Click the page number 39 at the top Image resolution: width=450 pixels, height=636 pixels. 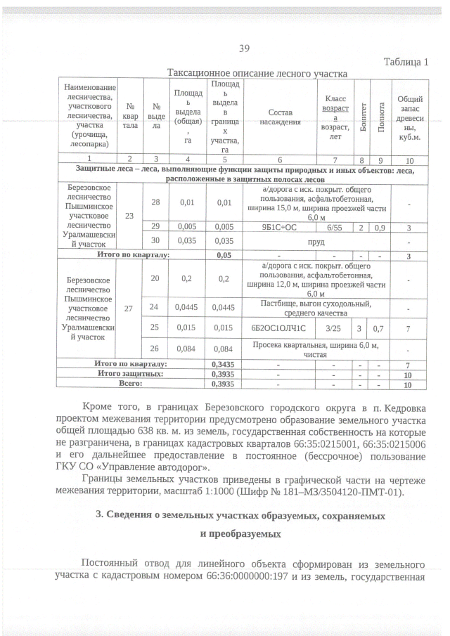pos(244,48)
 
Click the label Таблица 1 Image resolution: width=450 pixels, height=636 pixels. pos(406,63)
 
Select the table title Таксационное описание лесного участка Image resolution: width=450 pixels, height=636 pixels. pos(257,74)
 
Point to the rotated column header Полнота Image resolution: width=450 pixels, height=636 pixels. pos(381,117)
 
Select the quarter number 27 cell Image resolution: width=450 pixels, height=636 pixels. pos(129,308)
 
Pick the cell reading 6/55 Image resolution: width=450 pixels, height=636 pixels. pos(329,226)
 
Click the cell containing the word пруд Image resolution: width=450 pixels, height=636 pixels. pos(311,241)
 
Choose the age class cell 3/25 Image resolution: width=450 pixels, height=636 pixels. pos(329,328)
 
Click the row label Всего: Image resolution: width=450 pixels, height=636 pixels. pos(131,384)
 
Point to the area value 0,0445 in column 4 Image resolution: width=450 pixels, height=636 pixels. pos(185,307)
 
